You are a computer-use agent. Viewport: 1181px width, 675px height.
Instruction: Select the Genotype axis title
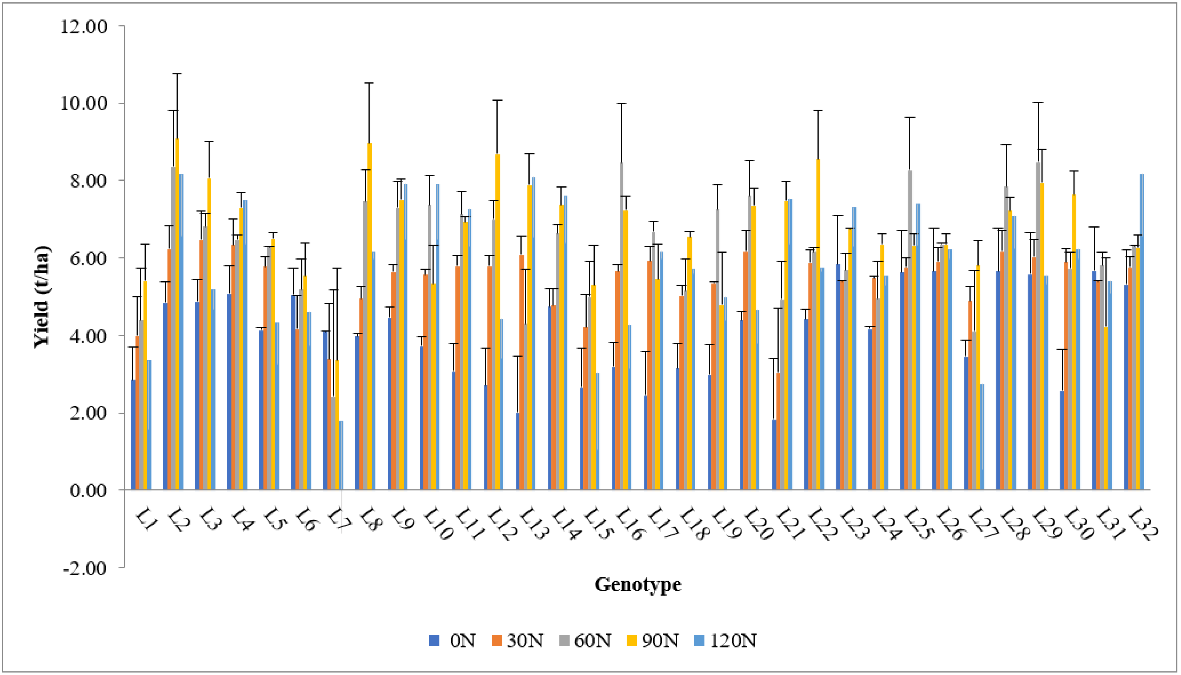[638, 584]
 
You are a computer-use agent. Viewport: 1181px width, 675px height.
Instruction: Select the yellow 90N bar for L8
[369, 317]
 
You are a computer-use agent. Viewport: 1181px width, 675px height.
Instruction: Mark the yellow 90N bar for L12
[498, 322]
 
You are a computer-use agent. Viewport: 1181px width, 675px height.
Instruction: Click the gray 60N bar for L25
[910, 329]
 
